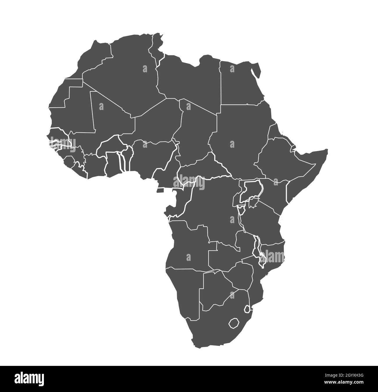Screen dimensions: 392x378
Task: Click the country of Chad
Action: pos(198,125)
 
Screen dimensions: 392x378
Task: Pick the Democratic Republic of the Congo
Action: pos(215,209)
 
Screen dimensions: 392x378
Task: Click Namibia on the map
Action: pos(183,287)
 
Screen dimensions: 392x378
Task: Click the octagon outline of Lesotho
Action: pos(233,323)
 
